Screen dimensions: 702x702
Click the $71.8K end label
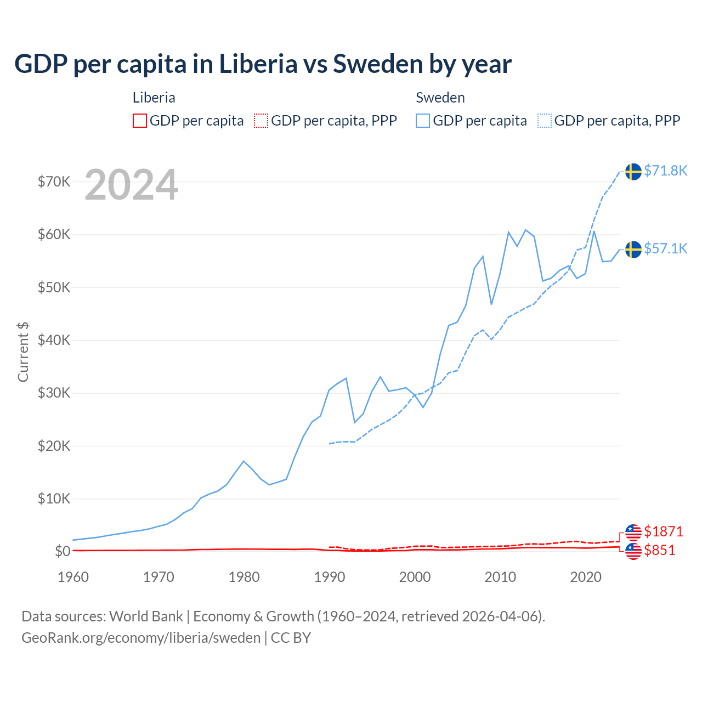(x=665, y=171)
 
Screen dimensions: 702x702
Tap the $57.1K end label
(x=665, y=248)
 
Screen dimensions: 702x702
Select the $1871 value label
(x=663, y=531)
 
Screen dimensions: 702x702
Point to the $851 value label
(x=659, y=550)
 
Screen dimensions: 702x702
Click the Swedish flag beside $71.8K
(x=633, y=172)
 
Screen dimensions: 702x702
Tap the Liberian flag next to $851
(x=633, y=551)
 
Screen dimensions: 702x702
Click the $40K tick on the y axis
(x=54, y=340)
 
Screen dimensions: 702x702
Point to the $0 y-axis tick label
(x=62, y=551)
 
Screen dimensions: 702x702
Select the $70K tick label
(x=54, y=182)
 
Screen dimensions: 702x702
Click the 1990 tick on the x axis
(x=330, y=577)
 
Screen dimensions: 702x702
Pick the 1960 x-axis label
(x=73, y=577)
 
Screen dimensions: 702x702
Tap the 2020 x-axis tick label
(x=586, y=577)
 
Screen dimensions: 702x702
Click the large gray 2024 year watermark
(x=131, y=185)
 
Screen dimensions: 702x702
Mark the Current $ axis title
(x=23, y=352)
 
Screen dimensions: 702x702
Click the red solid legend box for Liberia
(x=140, y=121)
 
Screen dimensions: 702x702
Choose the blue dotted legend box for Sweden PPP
(x=545, y=121)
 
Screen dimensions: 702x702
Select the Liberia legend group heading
(x=154, y=98)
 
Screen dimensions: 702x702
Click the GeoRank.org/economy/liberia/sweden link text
(x=141, y=638)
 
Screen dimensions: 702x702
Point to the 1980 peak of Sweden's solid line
(x=244, y=461)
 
